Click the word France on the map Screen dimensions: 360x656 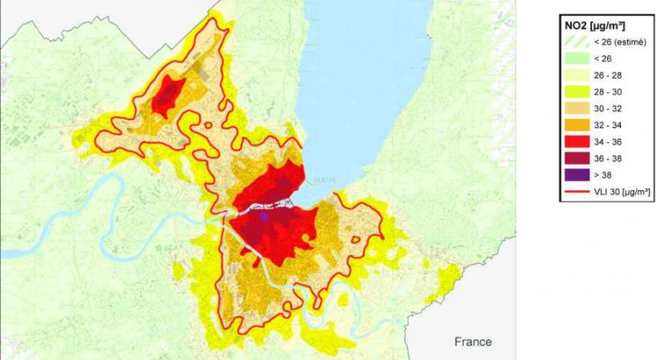(x=473, y=342)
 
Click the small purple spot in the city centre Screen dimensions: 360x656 (x=263, y=216)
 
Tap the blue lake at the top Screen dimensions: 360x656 (x=360, y=64)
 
